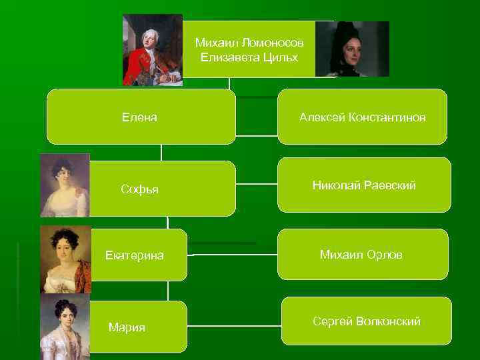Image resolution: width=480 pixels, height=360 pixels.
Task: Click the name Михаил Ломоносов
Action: coord(249,43)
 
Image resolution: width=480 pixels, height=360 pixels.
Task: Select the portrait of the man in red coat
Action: coord(152,49)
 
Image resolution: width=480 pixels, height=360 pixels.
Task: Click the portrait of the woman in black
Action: coord(351,49)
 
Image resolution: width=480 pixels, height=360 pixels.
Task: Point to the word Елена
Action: coord(139,117)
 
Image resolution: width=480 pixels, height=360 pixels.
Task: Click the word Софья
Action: coord(139,189)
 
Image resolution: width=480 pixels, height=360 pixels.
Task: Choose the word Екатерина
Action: coord(135,255)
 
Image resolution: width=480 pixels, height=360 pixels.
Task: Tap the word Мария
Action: coord(127,327)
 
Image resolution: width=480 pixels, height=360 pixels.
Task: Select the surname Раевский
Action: coord(391,185)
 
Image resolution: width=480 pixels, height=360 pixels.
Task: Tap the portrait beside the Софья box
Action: coord(64,185)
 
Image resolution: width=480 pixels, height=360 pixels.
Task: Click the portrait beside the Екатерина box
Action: coord(65,259)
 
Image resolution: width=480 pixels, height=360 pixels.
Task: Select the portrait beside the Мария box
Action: coord(65,327)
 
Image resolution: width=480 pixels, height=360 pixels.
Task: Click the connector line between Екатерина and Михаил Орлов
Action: coord(233,254)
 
